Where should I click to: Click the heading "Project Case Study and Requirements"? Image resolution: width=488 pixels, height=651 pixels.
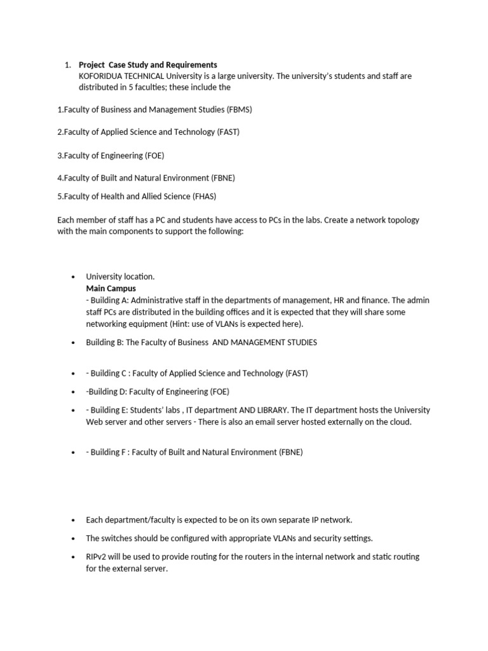click(147, 65)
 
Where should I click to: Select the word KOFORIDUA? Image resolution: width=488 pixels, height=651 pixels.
click(101, 76)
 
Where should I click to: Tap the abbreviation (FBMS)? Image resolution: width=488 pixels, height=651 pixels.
click(240, 109)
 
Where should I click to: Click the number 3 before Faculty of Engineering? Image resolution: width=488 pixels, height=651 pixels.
click(60, 155)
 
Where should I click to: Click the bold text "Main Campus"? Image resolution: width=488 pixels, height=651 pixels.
click(111, 288)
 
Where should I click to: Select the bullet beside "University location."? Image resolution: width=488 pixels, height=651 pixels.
click(74, 277)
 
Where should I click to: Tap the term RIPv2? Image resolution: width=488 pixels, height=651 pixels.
click(98, 556)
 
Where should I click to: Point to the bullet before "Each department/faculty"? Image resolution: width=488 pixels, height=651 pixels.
click(74, 520)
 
